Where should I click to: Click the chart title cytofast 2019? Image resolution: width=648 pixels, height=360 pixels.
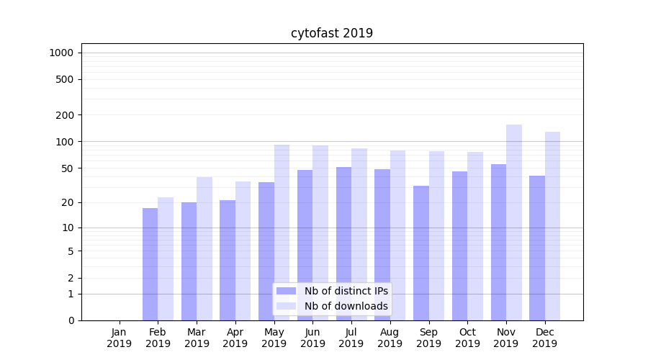(332, 33)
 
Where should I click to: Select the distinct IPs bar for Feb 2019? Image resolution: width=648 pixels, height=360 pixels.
(150, 264)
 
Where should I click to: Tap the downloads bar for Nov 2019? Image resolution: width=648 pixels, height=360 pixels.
(514, 222)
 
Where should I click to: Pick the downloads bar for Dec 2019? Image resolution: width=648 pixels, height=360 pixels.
(552, 226)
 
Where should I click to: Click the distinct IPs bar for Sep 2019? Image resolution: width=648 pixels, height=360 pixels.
(421, 253)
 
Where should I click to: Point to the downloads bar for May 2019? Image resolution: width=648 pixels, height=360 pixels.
(282, 233)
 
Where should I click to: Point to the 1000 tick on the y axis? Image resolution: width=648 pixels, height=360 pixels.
(61, 53)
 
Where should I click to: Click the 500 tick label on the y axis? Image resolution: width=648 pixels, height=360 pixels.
(66, 79)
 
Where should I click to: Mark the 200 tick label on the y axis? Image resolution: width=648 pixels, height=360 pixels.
(66, 114)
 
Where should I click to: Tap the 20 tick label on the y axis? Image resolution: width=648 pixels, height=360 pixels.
(68, 202)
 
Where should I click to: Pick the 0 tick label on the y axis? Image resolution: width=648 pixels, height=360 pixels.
(71, 320)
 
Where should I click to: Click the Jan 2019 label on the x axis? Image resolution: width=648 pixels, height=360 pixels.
(120, 338)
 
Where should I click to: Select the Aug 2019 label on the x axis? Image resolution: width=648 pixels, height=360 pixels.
(390, 338)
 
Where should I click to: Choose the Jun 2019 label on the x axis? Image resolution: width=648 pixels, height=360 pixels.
(312, 338)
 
